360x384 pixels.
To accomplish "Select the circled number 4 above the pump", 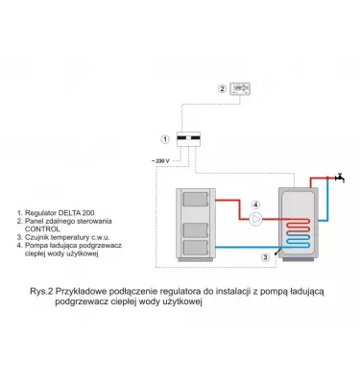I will click(x=255, y=204).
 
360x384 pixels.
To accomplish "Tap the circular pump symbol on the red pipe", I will click(x=255, y=218).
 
